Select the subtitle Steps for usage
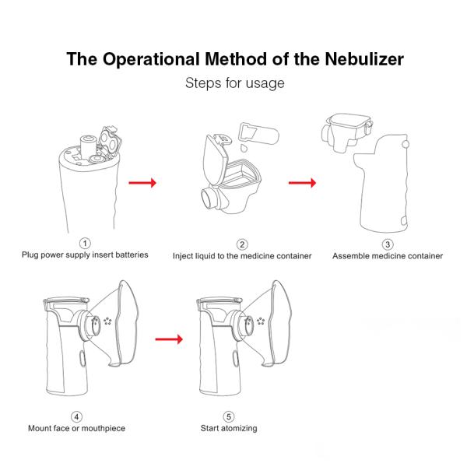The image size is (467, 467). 233,83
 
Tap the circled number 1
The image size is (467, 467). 85,244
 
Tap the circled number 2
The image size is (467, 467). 242,244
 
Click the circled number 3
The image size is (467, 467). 387,244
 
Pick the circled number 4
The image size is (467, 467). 76,416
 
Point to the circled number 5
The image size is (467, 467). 228,416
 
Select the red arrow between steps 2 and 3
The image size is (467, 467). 301,183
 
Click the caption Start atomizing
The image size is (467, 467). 229,428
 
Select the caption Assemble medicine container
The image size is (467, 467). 388,255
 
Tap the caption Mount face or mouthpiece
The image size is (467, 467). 76,428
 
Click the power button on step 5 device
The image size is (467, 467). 233,359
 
